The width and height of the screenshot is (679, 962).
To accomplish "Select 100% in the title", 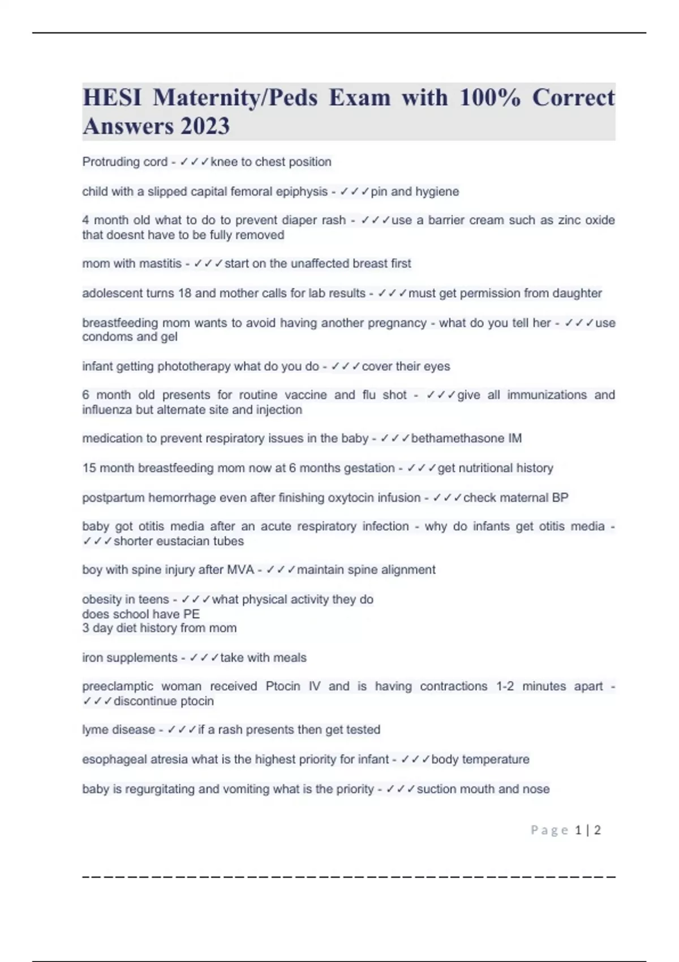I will point(489,97).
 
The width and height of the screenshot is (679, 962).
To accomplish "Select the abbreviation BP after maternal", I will point(560,498).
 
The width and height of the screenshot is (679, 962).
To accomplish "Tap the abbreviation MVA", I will point(240,570).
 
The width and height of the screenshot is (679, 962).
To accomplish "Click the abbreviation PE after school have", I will point(191,614).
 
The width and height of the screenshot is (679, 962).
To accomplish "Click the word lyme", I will point(95,730).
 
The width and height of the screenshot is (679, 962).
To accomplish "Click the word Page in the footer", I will point(549,830).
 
